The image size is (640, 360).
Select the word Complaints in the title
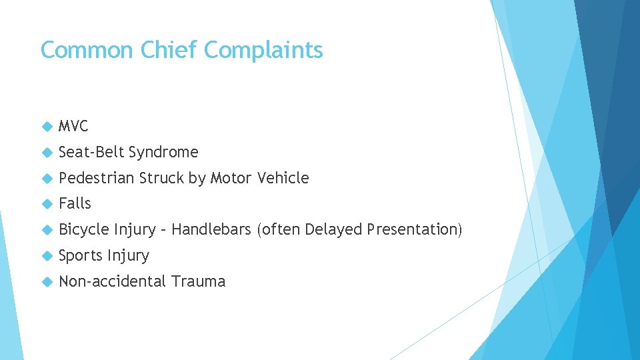pos(265,51)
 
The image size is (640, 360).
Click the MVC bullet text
pos(73,126)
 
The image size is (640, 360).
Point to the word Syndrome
pos(163,153)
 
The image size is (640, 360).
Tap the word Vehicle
pos(282,178)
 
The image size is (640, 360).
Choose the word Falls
pos(75,203)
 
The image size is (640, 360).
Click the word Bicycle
pos(84,230)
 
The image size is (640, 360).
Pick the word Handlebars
pos(211,229)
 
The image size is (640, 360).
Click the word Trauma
pos(198,281)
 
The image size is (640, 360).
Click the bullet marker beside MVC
pos(46,126)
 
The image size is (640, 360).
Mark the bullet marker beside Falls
pos(46,204)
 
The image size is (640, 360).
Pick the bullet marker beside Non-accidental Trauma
pos(46,282)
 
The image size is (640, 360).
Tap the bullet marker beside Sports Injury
pos(46,256)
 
